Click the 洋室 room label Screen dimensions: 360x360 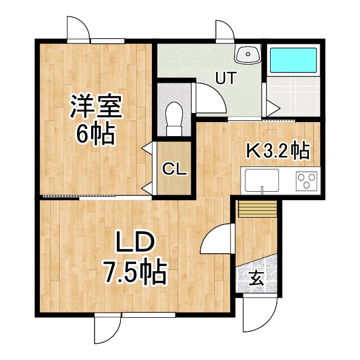tap(96, 107)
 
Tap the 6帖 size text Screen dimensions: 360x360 tap(96, 134)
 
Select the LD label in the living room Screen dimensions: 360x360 tap(135, 244)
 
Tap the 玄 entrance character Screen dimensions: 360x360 tap(256, 278)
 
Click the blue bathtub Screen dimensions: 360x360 tap(293, 60)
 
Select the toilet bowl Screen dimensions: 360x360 tap(174, 118)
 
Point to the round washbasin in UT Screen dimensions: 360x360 tap(247, 55)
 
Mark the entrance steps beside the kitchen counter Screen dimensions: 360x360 tap(257, 209)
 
